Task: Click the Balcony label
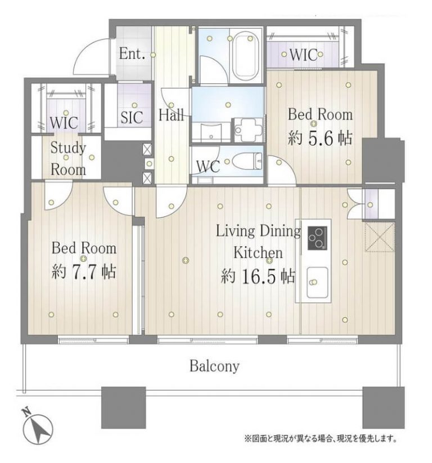coord(214,367)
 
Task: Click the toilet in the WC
coord(247,161)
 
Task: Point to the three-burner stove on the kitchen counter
coord(318,238)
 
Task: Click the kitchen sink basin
coord(317,282)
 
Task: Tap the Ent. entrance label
coord(132,54)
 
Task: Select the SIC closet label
coord(132,117)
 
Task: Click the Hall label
coord(172,114)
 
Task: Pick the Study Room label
coord(68,159)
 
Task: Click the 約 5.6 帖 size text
coord(320,138)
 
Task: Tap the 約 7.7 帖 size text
coord(84,271)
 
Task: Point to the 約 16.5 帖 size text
coord(258,276)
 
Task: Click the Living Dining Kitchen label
coord(258,242)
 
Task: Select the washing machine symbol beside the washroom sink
coord(248,130)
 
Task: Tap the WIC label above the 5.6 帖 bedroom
coord(303,55)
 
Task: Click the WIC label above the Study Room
coord(64,123)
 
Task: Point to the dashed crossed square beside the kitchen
coord(380,237)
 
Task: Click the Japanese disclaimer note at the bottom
coord(320,438)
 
